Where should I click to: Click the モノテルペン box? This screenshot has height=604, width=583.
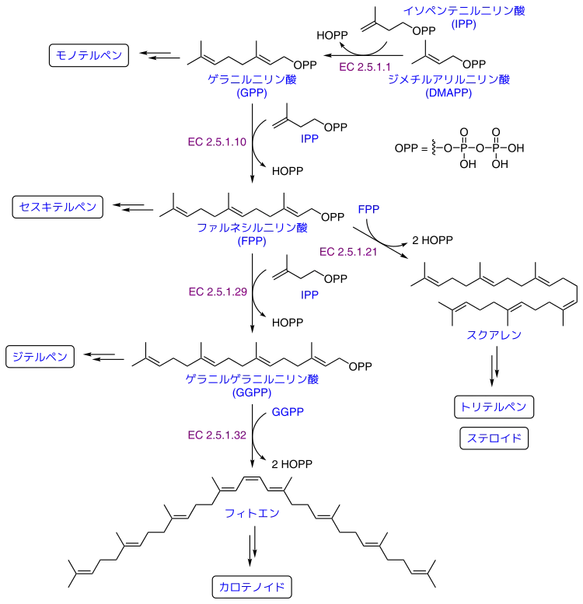click(89, 55)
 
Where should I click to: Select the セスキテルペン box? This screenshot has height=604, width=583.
click(58, 207)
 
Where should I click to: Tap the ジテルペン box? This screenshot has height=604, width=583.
click(40, 357)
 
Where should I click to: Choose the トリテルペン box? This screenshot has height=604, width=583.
click(494, 407)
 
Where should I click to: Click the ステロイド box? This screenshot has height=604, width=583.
click(494, 438)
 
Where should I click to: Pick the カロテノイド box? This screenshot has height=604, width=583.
click(252, 587)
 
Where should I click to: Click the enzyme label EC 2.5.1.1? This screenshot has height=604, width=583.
click(365, 67)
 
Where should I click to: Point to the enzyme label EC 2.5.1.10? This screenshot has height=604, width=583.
click(217, 141)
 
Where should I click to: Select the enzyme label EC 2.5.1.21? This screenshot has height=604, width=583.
click(348, 252)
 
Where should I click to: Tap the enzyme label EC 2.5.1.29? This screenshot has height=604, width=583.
click(218, 292)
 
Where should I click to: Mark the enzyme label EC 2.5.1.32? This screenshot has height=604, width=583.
click(217, 435)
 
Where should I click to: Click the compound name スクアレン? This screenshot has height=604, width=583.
click(494, 335)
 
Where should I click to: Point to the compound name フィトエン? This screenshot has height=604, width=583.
click(252, 513)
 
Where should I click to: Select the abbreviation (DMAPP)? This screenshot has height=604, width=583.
click(449, 93)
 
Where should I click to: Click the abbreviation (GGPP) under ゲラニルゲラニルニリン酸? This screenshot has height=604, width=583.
click(252, 393)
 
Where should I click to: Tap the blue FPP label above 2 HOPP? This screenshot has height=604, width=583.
click(368, 209)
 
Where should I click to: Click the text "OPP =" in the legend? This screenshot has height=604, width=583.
click(411, 148)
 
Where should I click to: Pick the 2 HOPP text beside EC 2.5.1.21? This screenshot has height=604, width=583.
click(432, 240)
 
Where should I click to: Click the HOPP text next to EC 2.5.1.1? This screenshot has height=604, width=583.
click(332, 36)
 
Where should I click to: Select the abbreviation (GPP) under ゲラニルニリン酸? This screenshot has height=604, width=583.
click(252, 93)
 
